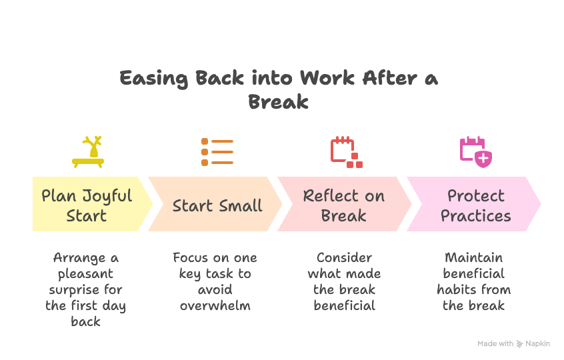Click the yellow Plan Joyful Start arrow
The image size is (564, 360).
(87, 205)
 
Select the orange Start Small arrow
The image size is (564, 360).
(217, 205)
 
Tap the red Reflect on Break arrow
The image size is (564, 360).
(344, 205)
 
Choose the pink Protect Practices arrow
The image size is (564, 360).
(475, 205)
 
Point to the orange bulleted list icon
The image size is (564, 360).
(217, 152)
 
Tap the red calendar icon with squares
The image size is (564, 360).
(346, 152)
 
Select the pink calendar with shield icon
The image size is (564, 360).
(475, 151)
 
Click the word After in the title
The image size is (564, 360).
(389, 79)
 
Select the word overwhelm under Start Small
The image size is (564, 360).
(215, 305)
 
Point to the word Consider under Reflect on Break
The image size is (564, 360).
(344, 257)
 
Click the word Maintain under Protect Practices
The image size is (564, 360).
(473, 257)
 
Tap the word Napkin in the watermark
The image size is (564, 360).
(537, 343)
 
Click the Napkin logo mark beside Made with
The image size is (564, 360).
(520, 344)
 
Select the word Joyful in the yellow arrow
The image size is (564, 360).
(107, 196)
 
